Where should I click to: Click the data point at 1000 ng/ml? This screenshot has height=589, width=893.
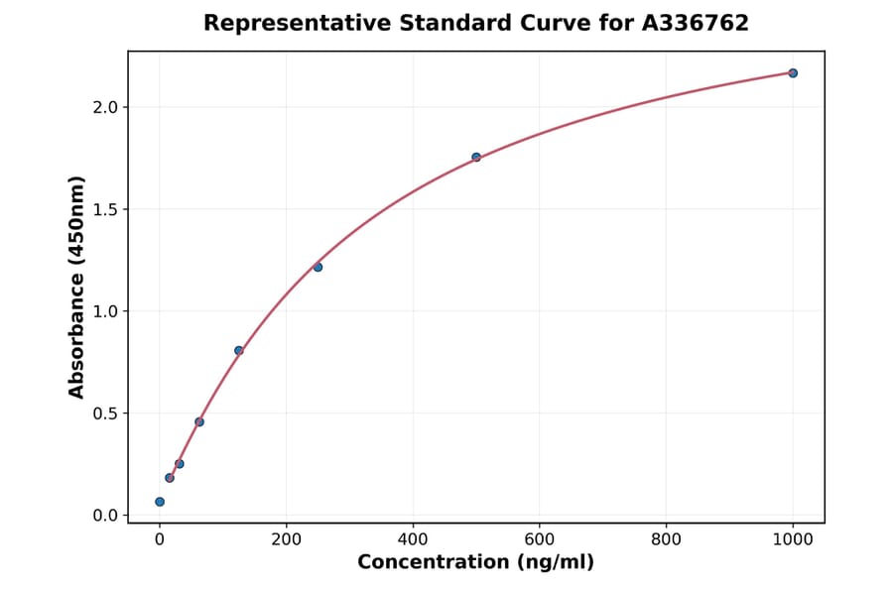tap(793, 72)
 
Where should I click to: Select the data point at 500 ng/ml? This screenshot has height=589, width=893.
tap(476, 157)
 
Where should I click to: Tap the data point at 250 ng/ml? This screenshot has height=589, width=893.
tap(318, 267)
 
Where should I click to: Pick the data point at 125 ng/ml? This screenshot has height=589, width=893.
tap(239, 350)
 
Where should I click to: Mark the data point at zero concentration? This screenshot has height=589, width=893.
tap(160, 502)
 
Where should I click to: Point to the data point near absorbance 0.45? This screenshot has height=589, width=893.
tap(199, 421)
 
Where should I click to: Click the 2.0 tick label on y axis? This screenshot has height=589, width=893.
tap(104, 107)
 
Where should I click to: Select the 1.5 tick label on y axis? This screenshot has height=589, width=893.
tap(104, 209)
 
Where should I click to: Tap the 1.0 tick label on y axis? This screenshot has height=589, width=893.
tap(104, 311)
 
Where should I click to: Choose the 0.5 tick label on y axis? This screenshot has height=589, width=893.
tap(104, 413)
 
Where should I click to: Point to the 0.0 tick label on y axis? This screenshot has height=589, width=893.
tap(104, 516)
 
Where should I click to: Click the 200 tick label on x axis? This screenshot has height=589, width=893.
tap(287, 539)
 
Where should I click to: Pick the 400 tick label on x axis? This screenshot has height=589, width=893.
tap(413, 539)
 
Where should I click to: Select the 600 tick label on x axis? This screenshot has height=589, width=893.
tap(540, 539)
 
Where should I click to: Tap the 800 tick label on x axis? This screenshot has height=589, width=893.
tap(666, 539)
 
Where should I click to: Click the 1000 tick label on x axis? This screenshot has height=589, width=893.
tap(793, 539)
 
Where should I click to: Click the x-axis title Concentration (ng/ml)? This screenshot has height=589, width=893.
tap(476, 562)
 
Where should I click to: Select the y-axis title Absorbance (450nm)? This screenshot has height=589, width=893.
tap(76, 287)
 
